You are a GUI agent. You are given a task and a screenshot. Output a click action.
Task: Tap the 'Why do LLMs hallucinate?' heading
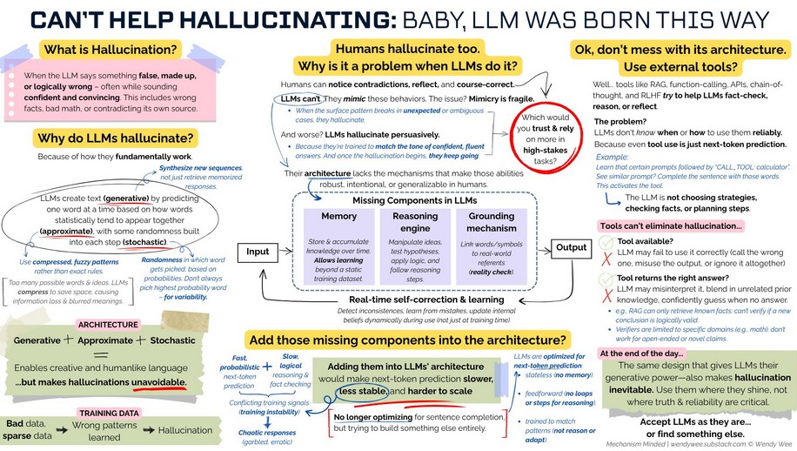pyautogui.click(x=114, y=138)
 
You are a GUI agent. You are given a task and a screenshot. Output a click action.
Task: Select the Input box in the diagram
pyautogui.click(x=258, y=251)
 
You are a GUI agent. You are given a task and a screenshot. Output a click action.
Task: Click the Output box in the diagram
pyautogui.click(x=572, y=246)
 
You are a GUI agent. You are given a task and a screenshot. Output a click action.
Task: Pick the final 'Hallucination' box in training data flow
pyautogui.click(x=185, y=430)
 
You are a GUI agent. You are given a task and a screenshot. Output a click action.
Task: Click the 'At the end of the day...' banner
pyautogui.click(x=646, y=353)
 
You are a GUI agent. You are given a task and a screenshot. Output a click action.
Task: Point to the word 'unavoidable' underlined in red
pyautogui.click(x=153, y=382)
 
